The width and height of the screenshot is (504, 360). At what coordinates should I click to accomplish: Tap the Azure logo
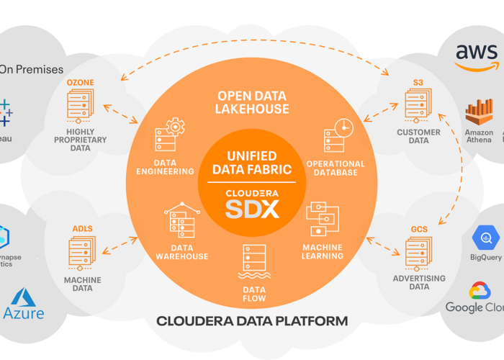tap(23, 304)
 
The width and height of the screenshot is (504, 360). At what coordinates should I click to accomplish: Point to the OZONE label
tap(80, 83)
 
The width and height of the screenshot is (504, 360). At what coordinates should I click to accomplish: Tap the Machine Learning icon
tap(322, 219)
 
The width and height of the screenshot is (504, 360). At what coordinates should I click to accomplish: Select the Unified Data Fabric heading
tap(252, 163)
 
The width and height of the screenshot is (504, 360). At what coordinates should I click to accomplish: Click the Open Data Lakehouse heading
tap(252, 102)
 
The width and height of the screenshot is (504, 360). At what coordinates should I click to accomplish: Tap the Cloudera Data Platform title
tap(252, 321)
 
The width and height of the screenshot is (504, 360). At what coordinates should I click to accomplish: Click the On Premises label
tap(32, 70)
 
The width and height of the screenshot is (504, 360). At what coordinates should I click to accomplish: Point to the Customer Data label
tap(418, 136)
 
